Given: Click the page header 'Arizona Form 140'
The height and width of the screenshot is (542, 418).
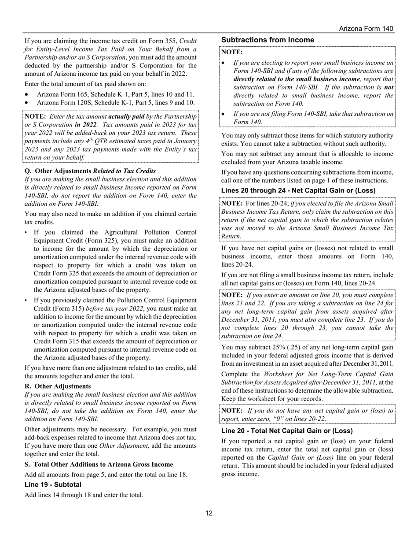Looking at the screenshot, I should click(366, 29).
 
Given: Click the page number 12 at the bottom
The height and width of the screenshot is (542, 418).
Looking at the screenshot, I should click(209, 513).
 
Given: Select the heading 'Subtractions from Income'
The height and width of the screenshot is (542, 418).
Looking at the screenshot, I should click(268, 40).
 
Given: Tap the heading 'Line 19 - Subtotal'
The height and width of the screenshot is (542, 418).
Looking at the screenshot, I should click(53, 484).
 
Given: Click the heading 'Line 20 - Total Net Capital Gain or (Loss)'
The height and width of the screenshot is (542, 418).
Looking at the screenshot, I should click(287, 431).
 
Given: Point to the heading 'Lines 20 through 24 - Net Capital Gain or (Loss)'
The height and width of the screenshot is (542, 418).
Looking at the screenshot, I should click(298, 190).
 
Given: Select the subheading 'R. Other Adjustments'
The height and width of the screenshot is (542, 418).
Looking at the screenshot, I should click(58, 386).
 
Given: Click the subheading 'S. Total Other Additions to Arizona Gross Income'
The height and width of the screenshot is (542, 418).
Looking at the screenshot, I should click(99, 464).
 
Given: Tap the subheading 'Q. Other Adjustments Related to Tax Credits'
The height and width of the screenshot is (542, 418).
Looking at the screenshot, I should click(90, 171).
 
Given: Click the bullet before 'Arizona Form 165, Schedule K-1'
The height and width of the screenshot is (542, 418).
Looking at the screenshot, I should click(28, 95).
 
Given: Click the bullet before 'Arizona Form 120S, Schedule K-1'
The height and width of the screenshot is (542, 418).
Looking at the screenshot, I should click(28, 103).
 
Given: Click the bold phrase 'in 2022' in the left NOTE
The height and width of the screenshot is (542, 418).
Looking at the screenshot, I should click(85, 124).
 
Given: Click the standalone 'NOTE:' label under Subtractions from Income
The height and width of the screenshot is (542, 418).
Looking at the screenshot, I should click(232, 52).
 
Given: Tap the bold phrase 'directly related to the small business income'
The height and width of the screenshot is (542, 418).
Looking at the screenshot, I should click(297, 79).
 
